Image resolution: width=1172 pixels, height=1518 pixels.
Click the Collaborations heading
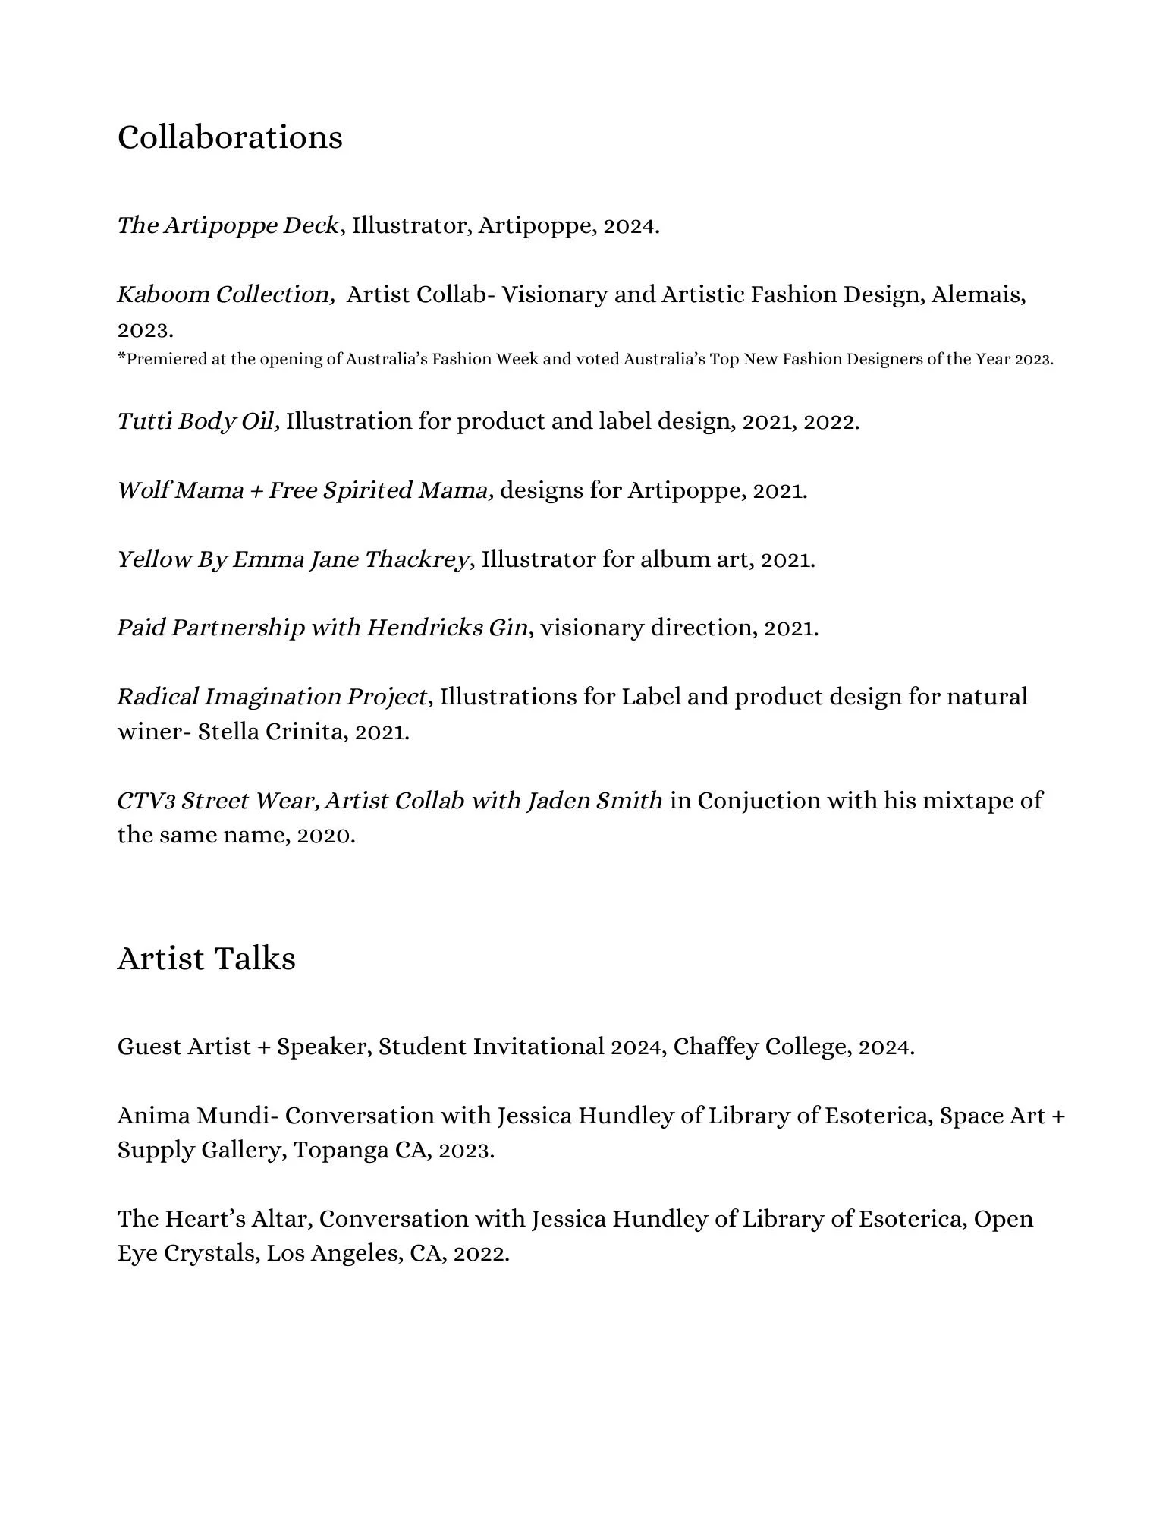(230, 137)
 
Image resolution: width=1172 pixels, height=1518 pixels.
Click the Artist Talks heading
(206, 958)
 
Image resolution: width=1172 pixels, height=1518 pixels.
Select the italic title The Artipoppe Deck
(228, 225)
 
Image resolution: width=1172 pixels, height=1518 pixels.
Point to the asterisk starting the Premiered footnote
(121, 357)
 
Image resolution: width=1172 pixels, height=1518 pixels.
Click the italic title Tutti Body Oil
(198, 421)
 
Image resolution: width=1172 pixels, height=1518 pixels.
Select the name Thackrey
(416, 559)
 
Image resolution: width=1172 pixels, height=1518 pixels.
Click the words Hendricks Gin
(448, 628)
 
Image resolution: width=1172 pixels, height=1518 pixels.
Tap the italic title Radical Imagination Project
(272, 697)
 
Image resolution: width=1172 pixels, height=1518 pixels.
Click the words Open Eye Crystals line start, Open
(1003, 1219)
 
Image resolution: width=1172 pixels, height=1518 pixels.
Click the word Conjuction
(759, 801)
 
